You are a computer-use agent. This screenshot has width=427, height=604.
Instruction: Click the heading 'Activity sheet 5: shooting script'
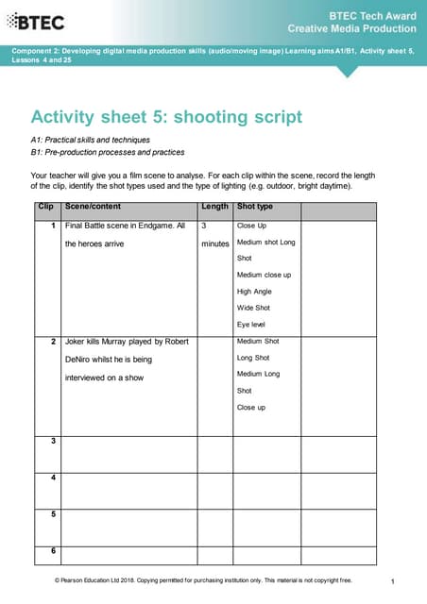click(166, 117)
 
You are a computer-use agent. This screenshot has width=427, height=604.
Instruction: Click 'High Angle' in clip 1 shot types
click(254, 292)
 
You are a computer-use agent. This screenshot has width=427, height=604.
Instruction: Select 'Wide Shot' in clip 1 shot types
click(253, 308)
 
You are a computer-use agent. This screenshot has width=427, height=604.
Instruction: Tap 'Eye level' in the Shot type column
click(252, 324)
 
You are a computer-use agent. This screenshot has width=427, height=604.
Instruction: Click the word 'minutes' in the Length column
click(215, 243)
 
